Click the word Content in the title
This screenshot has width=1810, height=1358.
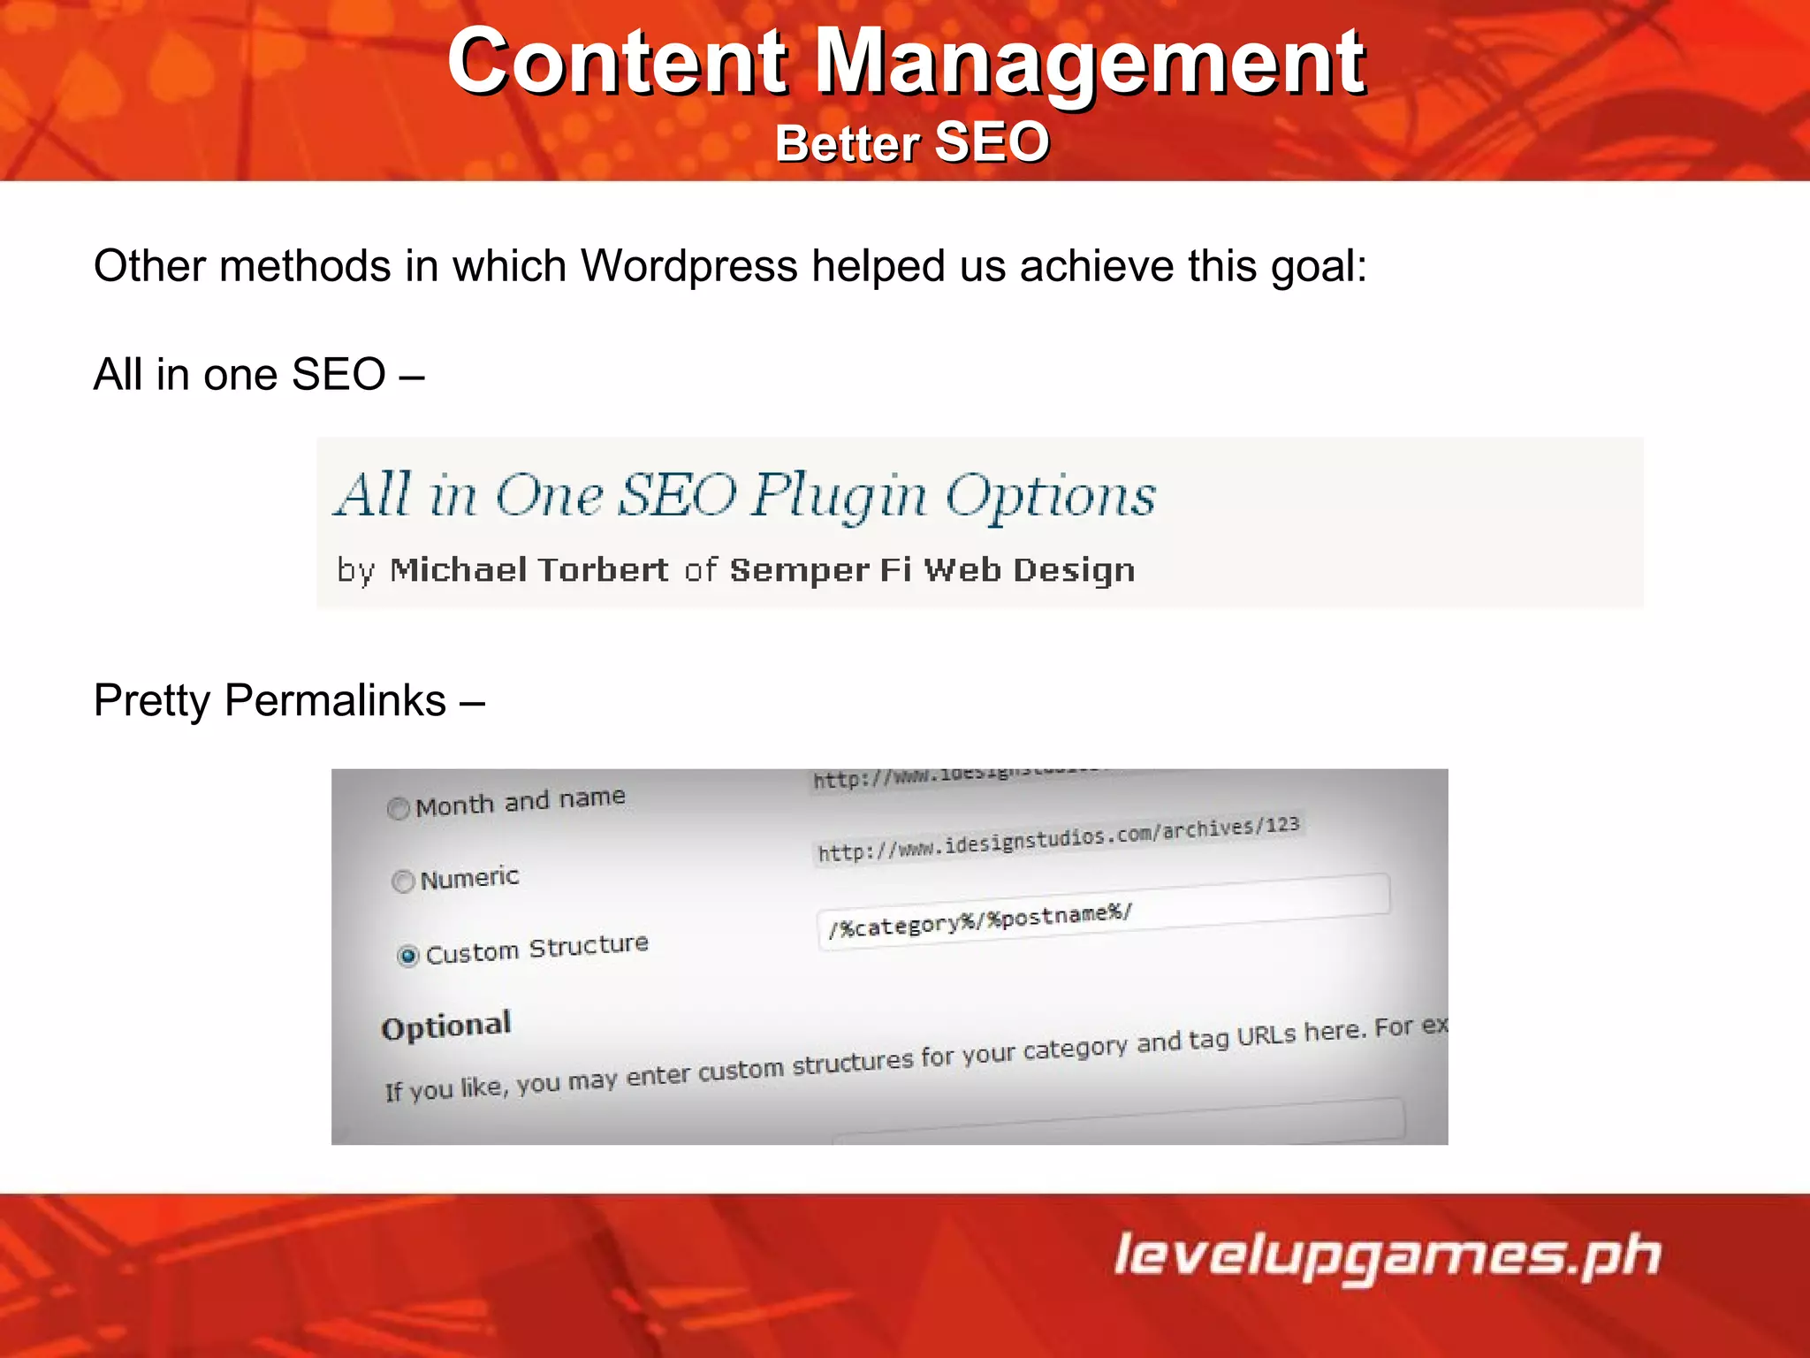tap(616, 62)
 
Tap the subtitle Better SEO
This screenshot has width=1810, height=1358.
tap(911, 143)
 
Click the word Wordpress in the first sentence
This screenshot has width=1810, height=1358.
tap(688, 266)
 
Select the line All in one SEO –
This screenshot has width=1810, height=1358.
tap(258, 374)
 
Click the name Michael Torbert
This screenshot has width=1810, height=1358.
tap(529, 570)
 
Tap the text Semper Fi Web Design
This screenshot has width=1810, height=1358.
tap(932, 570)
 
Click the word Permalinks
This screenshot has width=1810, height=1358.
tap(335, 700)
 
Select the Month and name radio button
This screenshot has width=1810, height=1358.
tap(399, 809)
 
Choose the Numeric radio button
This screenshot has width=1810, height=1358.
tap(403, 881)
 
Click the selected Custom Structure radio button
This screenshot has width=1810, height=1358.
tap(407, 956)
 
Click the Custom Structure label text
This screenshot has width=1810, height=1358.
tap(536, 950)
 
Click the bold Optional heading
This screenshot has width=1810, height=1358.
tap(446, 1026)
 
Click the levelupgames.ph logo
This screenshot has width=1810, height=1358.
tap(1387, 1256)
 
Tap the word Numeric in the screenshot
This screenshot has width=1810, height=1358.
tap(469, 878)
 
